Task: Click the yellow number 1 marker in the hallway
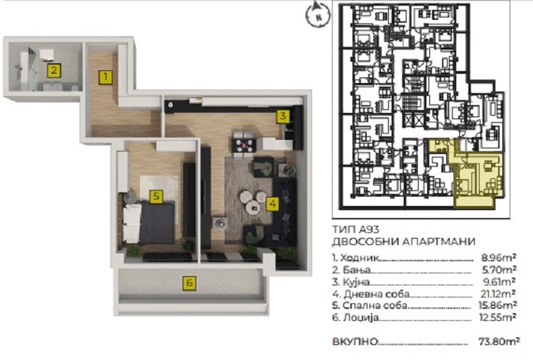(x=105, y=77)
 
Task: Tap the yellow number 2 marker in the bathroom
(x=54, y=70)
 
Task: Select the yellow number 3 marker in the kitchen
(x=283, y=116)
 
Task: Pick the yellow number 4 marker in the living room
(x=272, y=204)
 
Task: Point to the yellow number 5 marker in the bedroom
(x=156, y=196)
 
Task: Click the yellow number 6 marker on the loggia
(x=189, y=283)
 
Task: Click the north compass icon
(x=318, y=14)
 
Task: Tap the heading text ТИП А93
(x=355, y=229)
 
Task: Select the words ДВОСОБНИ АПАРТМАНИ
(x=404, y=241)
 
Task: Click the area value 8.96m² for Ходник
(x=499, y=257)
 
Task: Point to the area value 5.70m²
(x=499, y=270)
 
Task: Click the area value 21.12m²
(x=497, y=293)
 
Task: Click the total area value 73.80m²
(x=499, y=341)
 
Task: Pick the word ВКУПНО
(x=355, y=341)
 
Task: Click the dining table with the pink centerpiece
(x=243, y=146)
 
